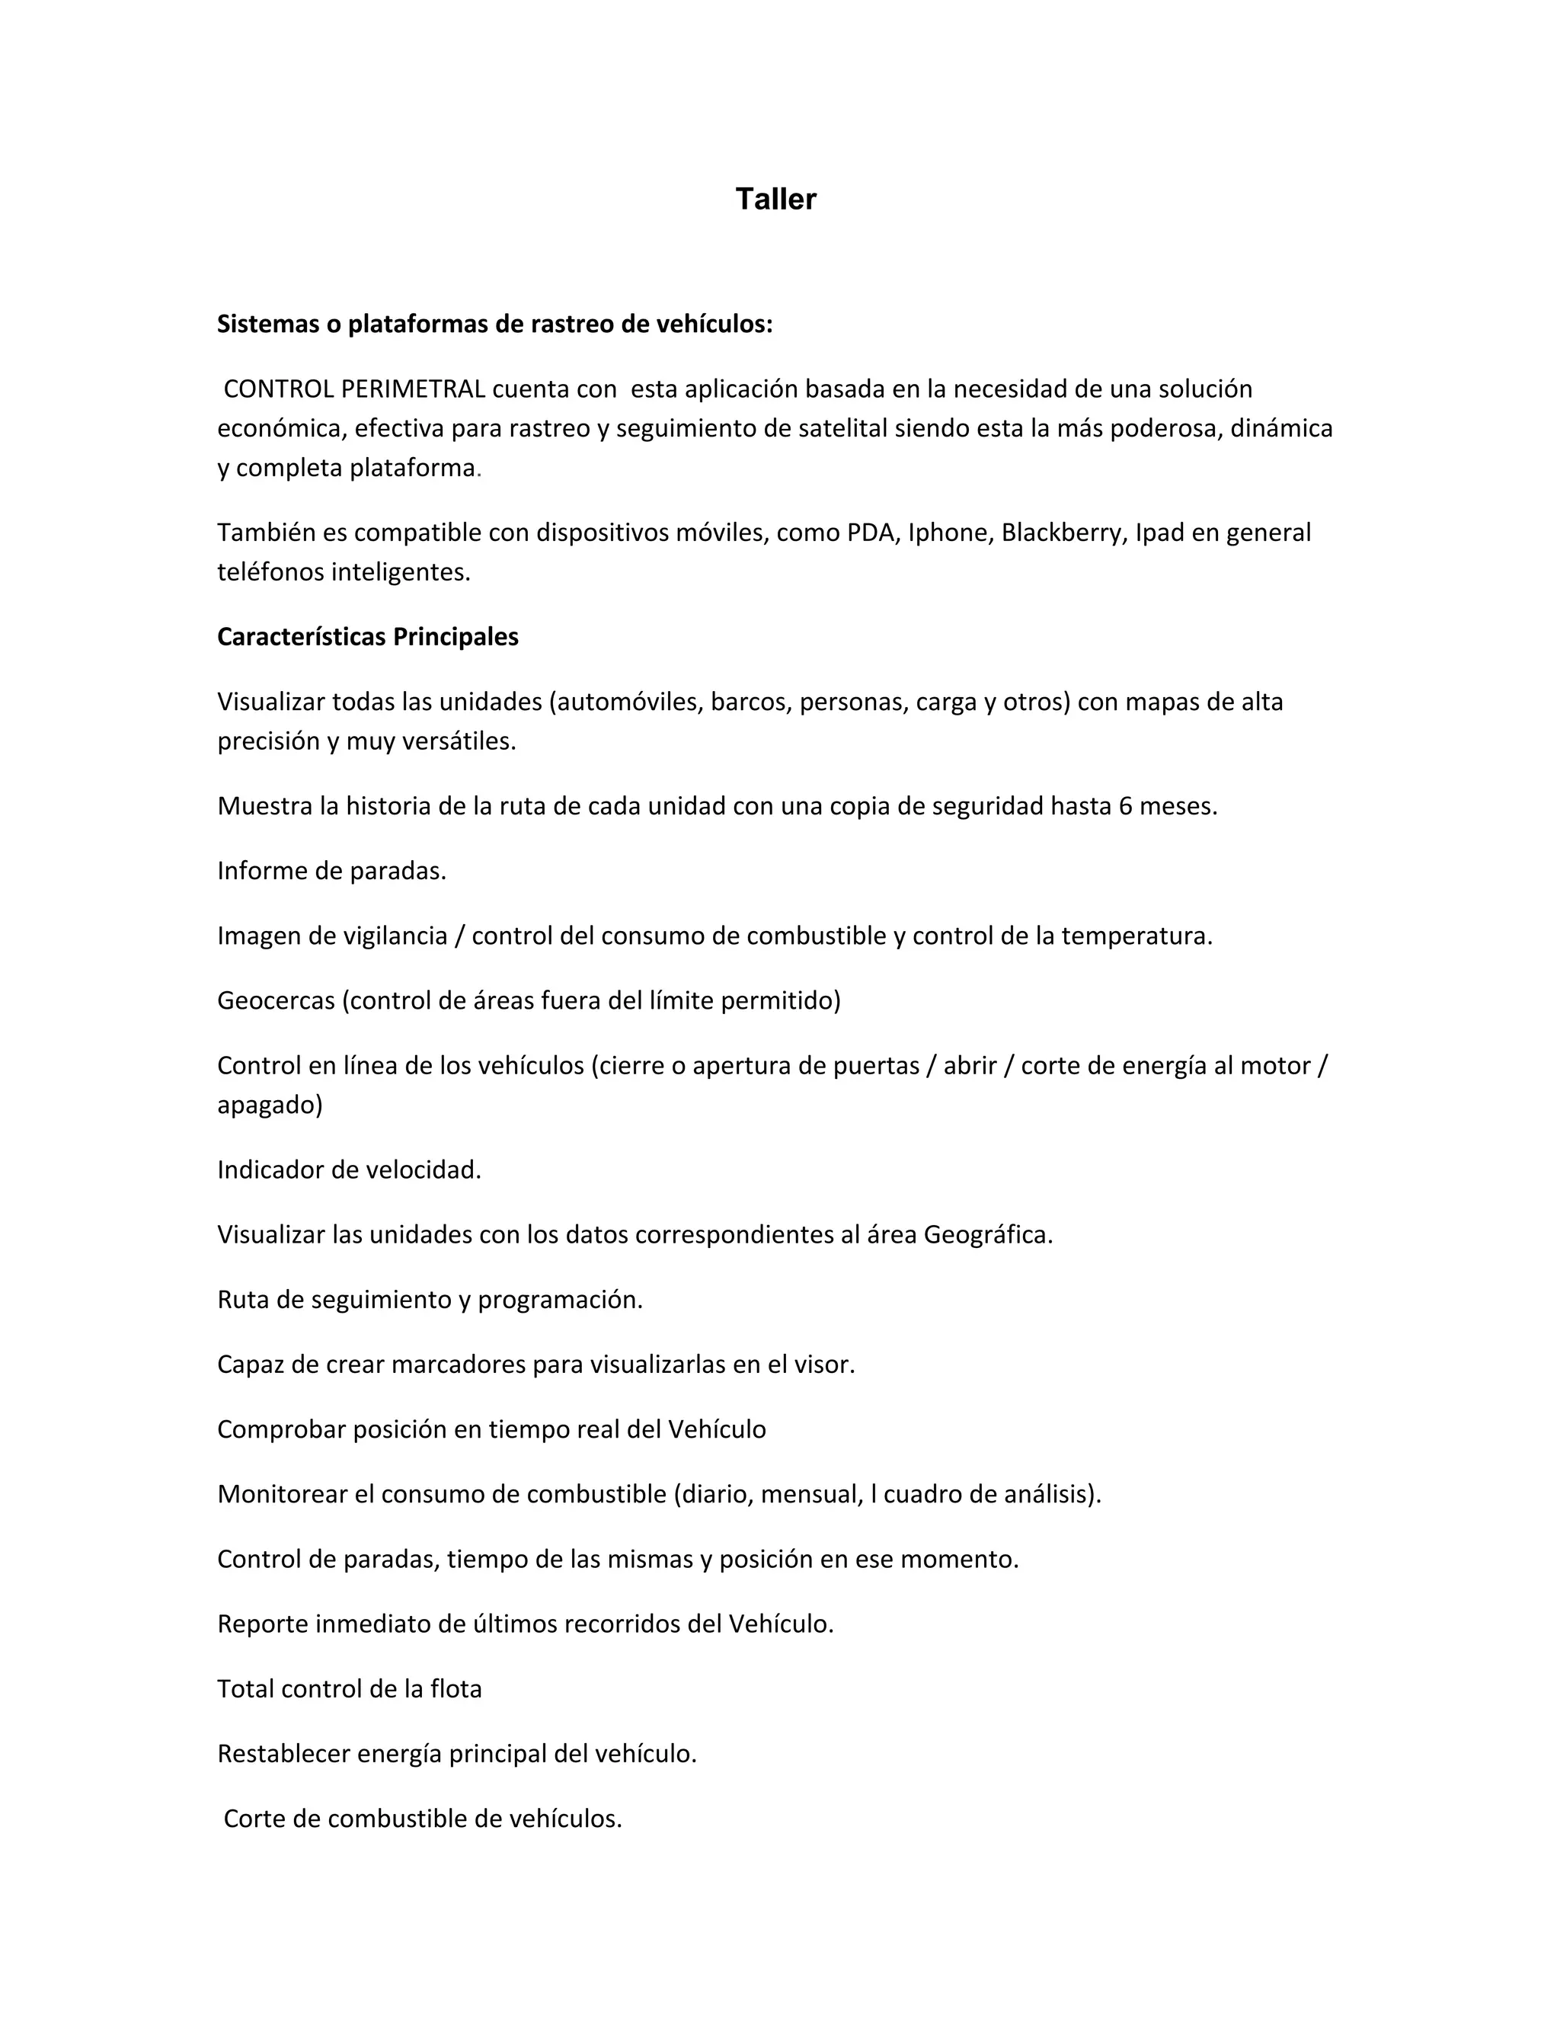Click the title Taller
[775, 200]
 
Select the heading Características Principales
[368, 637]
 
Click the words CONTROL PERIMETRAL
[354, 389]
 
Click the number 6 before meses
[1125, 806]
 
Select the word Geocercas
[276, 1000]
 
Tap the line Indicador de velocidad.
[350, 1170]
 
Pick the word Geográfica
[987, 1235]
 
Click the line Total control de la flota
[350, 1689]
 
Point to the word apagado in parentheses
[268, 1105]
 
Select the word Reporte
[263, 1624]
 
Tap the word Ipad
[1159, 533]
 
